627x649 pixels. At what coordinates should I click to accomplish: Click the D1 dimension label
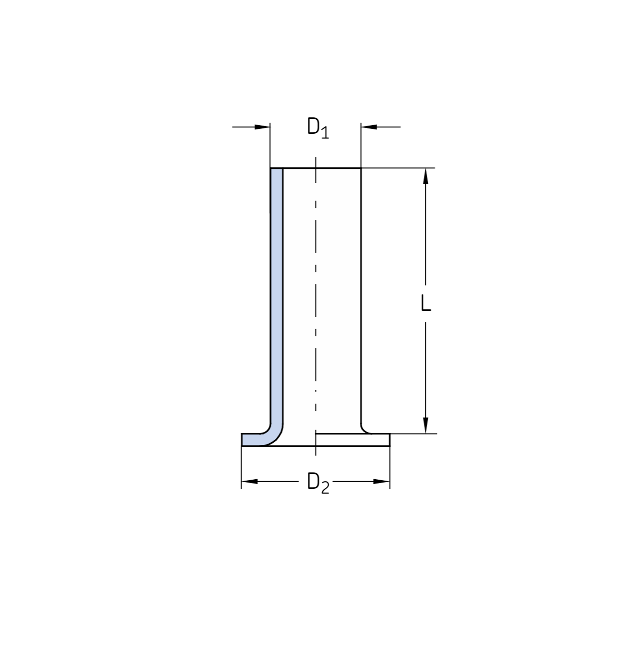(318, 128)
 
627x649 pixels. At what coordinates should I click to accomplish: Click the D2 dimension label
(318, 483)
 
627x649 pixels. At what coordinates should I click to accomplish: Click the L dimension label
(425, 303)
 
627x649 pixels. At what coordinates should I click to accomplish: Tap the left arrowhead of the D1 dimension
(262, 127)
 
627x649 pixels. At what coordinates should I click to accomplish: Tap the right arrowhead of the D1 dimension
(369, 127)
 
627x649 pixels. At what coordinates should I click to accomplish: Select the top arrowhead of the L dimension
(425, 176)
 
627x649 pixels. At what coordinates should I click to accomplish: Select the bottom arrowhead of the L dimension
(425, 426)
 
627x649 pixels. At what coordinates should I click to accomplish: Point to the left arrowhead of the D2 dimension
(249, 481)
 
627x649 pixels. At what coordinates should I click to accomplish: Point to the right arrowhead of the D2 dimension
(382, 481)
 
